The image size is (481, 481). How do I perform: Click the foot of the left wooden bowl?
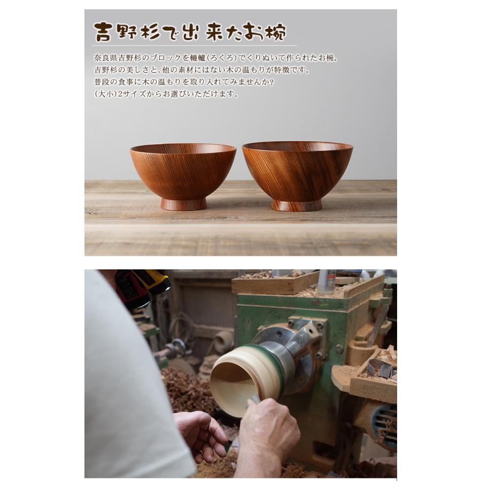pos(183,204)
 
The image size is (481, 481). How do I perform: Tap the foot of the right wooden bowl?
pos(297,205)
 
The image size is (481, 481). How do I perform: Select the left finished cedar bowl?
pos(183,171)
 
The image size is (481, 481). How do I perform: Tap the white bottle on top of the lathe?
pos(327,281)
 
